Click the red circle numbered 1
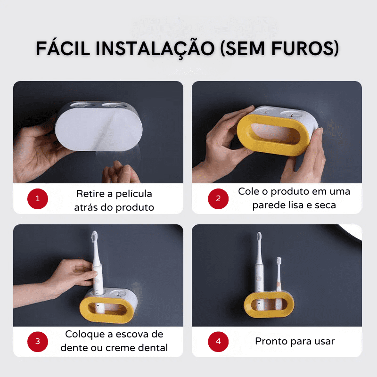38,198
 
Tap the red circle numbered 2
218,198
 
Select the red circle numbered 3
38,342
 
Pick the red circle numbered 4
218,342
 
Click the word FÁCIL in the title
63,49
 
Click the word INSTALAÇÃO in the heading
155,49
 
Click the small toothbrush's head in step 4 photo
279,261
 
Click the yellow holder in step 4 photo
269,304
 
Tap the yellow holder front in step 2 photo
272,135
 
